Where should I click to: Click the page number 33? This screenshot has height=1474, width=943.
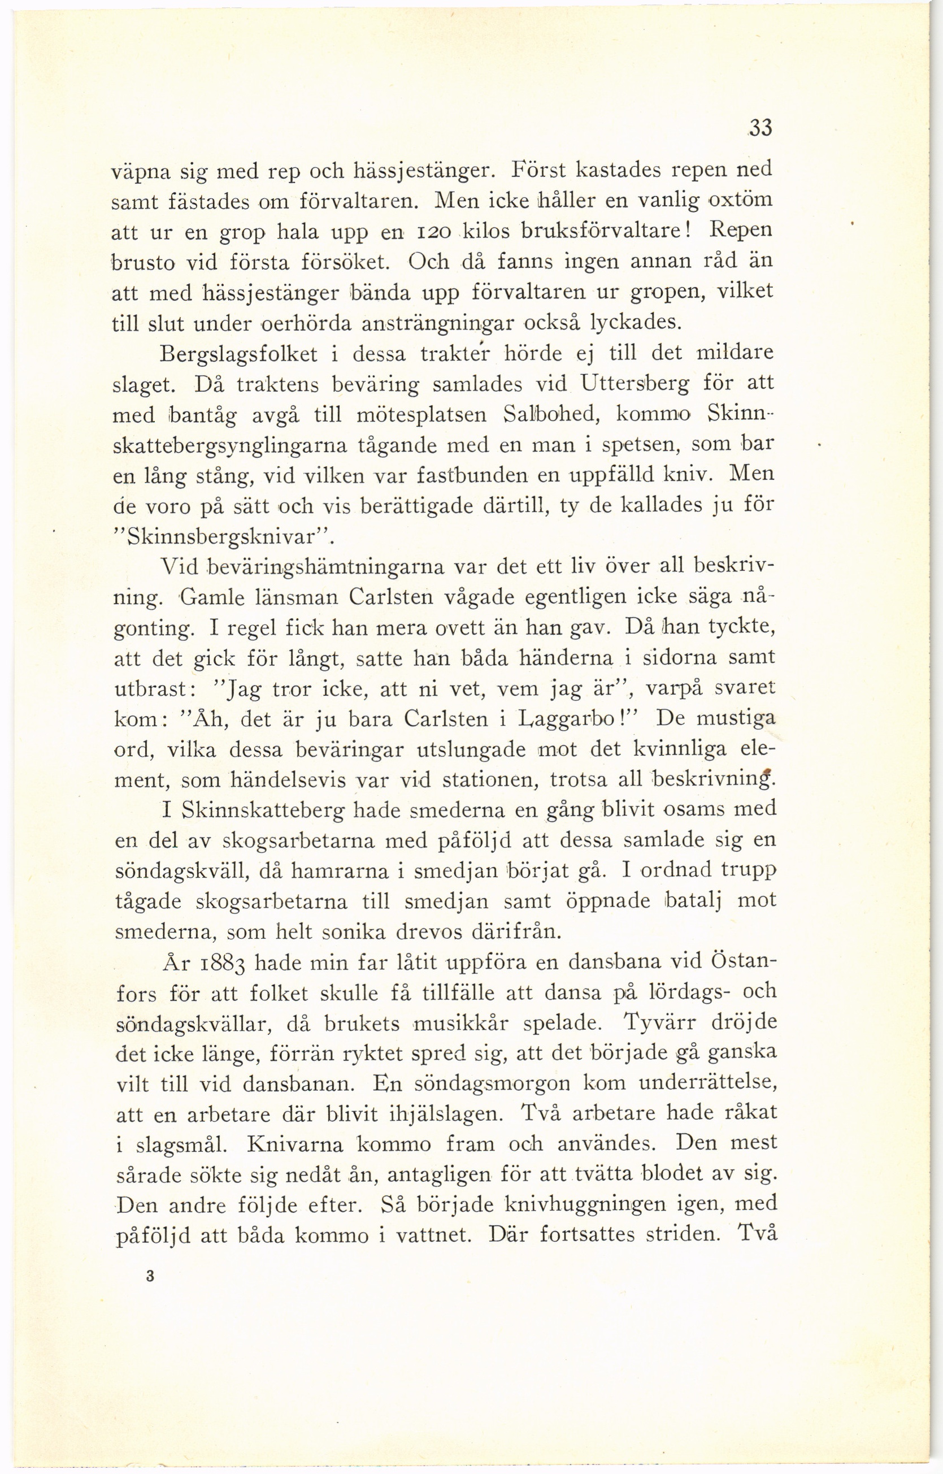tap(761, 128)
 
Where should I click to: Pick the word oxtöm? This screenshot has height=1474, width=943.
tap(739, 200)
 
